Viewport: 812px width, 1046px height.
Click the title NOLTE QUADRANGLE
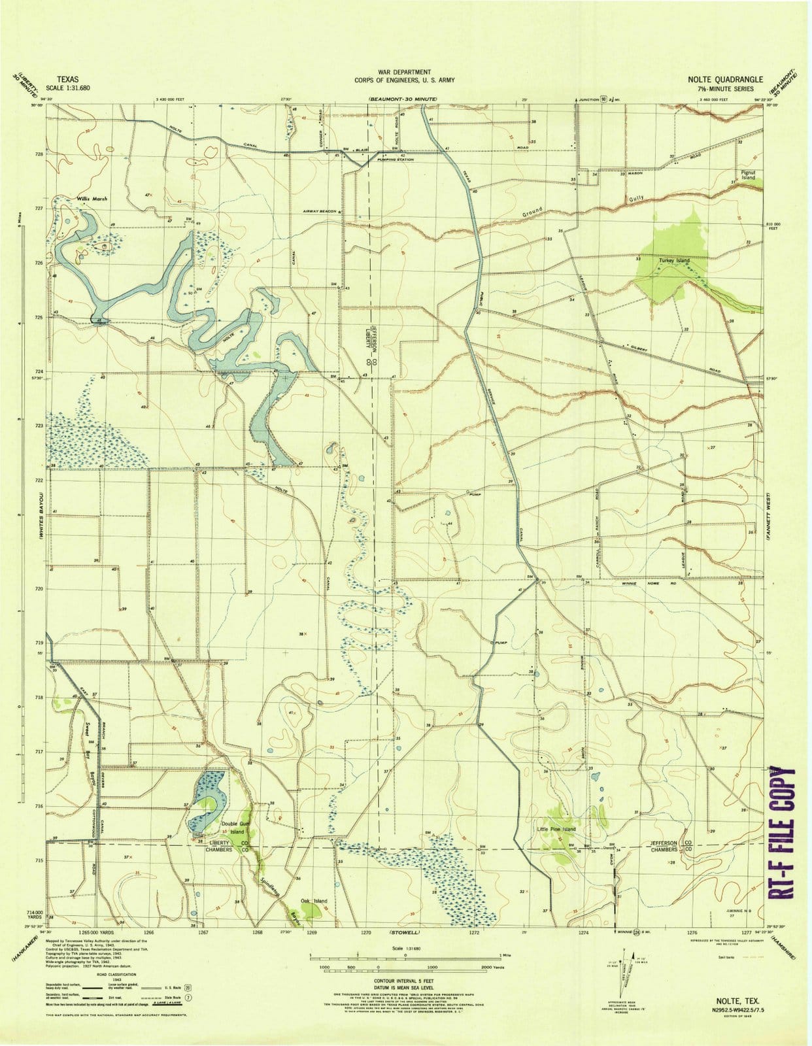click(724, 79)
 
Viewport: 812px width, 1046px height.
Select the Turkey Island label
click(674, 260)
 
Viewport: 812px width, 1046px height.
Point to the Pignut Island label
click(748, 175)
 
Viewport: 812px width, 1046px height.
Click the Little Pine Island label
click(556, 829)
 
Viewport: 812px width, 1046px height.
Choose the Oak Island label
click(313, 901)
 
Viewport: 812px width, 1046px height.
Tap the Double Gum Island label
click(235, 828)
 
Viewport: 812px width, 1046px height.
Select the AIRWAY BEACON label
click(319, 211)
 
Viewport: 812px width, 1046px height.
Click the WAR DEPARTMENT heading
click(403, 72)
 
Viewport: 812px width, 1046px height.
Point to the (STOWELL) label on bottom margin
click(403, 932)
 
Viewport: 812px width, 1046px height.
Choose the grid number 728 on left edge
click(39, 154)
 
